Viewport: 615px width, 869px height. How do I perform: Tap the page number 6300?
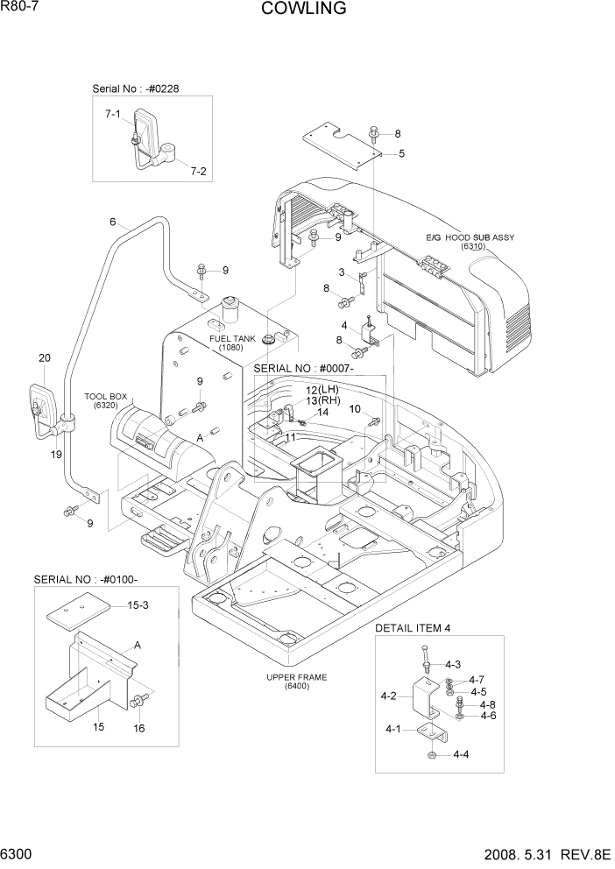coord(19,853)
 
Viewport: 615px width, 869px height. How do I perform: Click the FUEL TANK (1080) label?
coord(231,343)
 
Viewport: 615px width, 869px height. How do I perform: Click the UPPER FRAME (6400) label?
coord(296,681)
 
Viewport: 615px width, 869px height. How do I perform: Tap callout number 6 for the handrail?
coord(112,222)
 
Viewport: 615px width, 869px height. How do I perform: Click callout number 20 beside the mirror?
coord(45,357)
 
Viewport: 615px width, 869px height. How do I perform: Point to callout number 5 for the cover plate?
coord(400,154)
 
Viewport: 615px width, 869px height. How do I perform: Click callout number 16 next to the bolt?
coord(138,727)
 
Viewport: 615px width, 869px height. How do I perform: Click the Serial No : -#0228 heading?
coord(136,89)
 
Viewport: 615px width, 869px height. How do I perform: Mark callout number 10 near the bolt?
coord(355,409)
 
